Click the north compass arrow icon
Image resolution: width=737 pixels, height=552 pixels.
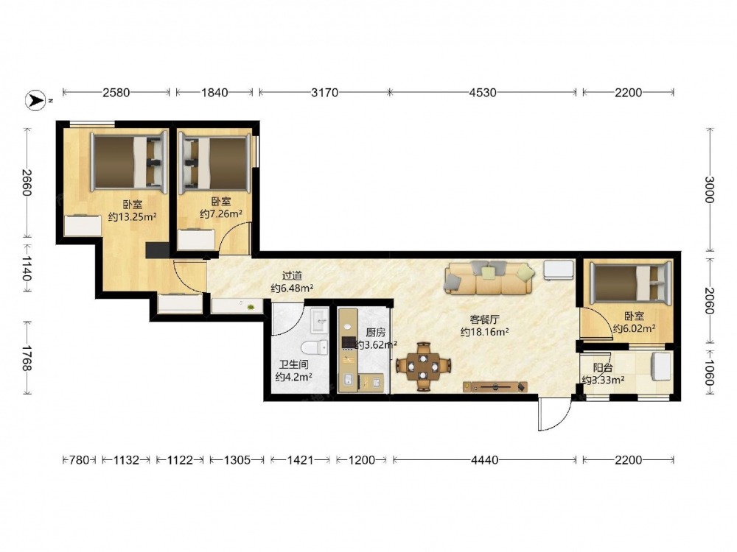pos(35,100)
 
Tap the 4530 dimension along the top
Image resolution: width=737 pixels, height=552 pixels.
pos(483,93)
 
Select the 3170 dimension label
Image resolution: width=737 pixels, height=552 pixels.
pos(324,93)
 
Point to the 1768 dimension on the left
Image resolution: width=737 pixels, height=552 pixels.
pos(27,358)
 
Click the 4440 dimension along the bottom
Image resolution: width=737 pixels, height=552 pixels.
pos(485,460)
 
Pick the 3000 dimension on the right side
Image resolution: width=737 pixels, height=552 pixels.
pos(710,190)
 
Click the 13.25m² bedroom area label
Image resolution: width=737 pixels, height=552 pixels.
pos(132,217)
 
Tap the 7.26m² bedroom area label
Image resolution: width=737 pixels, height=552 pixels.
pos(221,214)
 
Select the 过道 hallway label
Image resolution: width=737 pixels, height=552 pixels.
pos(292,276)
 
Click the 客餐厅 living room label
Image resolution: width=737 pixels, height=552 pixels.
pos(484,319)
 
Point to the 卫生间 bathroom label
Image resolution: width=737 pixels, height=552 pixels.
pos(294,364)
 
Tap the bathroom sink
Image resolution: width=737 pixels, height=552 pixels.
pos(320,320)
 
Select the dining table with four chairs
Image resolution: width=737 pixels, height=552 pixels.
pos(424,366)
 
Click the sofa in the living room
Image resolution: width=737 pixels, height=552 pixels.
pos(490,278)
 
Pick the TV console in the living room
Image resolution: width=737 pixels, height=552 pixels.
pos(495,387)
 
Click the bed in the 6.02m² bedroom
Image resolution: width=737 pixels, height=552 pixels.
pos(630,283)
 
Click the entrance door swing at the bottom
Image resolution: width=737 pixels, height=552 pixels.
pos(555,413)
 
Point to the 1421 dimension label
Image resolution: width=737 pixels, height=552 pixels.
pos(300,460)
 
